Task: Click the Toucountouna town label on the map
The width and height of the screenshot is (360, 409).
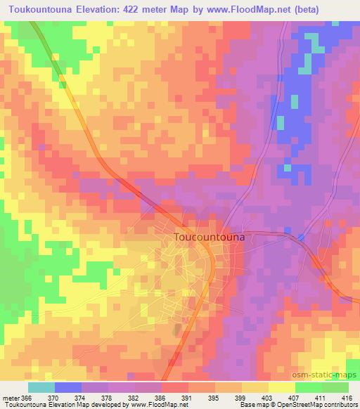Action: point(209,238)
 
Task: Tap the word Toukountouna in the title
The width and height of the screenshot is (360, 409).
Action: point(49,8)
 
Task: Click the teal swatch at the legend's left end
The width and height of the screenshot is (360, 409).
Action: point(41,387)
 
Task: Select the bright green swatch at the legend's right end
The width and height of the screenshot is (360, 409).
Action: point(335,387)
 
